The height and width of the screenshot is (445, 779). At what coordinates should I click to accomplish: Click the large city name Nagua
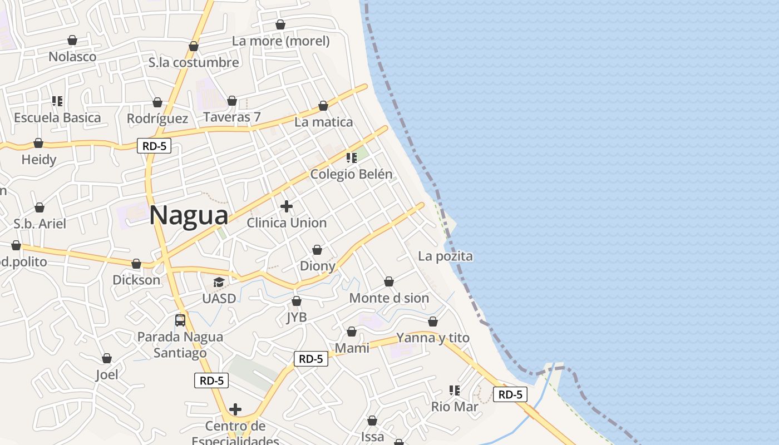coord(189,216)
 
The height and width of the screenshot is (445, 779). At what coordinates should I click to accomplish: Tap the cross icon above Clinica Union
coord(287,206)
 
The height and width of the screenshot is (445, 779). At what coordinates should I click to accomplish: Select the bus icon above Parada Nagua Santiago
coord(180,320)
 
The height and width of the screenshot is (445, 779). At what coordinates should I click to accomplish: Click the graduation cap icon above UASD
coord(219,282)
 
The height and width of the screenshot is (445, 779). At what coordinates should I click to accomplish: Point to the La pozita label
coord(445,256)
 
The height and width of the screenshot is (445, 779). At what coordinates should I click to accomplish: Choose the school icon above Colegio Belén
coord(351,158)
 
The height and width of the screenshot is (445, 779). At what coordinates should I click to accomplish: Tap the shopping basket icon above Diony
coord(317,250)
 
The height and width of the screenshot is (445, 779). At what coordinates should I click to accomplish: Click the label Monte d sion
coord(389,298)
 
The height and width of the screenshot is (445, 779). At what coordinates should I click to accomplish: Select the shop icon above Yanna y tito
coord(433,322)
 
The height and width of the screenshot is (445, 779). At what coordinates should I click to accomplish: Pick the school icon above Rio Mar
coord(455,390)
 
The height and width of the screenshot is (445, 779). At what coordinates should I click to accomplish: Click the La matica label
coord(323,122)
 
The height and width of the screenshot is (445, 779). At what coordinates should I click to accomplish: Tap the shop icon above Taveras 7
coord(232,101)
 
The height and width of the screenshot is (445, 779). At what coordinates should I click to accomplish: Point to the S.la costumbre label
coord(194,62)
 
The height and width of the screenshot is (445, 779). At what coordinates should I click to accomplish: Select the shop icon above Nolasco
coord(72,40)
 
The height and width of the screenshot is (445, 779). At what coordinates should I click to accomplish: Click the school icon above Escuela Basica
coord(57,101)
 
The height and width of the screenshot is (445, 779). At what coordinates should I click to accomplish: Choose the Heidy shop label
coord(39,160)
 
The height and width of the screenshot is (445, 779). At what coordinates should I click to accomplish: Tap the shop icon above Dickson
coord(136,264)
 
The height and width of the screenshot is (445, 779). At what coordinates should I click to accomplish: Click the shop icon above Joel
coord(107,358)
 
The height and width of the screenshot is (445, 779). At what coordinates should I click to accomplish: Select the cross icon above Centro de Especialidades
coord(235,410)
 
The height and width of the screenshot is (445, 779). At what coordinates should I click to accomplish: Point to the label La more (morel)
coord(280,41)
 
